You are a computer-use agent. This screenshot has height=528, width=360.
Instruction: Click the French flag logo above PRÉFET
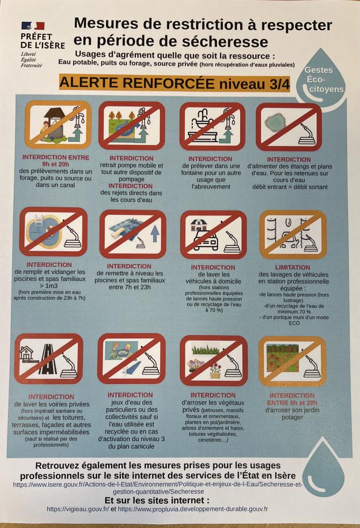click(x=33, y=26)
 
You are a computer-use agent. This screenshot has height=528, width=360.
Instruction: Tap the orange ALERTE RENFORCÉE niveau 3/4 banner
click(x=175, y=83)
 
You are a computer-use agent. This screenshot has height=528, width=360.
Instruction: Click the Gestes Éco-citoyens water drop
click(x=322, y=78)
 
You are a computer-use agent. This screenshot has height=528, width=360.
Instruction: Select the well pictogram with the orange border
click(x=58, y=125)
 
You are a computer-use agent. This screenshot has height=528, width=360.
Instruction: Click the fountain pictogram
click(x=212, y=126)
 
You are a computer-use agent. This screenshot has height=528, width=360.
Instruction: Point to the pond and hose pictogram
click(x=289, y=127)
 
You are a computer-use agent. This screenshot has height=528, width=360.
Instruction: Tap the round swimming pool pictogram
click(x=53, y=232)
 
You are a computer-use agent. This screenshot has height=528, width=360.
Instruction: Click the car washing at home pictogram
click(x=213, y=235)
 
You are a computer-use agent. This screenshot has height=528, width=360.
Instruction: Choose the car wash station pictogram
click(x=293, y=235)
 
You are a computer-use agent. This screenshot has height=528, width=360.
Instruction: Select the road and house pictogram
click(x=49, y=359)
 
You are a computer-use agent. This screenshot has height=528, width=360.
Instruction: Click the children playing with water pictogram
click(x=131, y=359)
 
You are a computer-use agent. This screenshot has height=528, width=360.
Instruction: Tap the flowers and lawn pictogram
click(x=214, y=360)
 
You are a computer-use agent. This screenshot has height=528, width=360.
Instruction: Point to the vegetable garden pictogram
click(x=292, y=361)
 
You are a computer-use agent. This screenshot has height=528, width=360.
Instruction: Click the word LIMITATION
click(x=293, y=267)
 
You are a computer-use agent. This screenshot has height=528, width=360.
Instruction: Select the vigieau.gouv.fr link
click(x=78, y=509)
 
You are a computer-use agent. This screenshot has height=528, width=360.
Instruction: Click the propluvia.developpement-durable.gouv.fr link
click(x=193, y=509)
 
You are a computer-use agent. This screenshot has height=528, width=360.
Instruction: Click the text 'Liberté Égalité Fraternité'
click(x=31, y=60)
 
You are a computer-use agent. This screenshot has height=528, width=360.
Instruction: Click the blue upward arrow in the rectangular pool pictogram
click(x=155, y=233)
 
